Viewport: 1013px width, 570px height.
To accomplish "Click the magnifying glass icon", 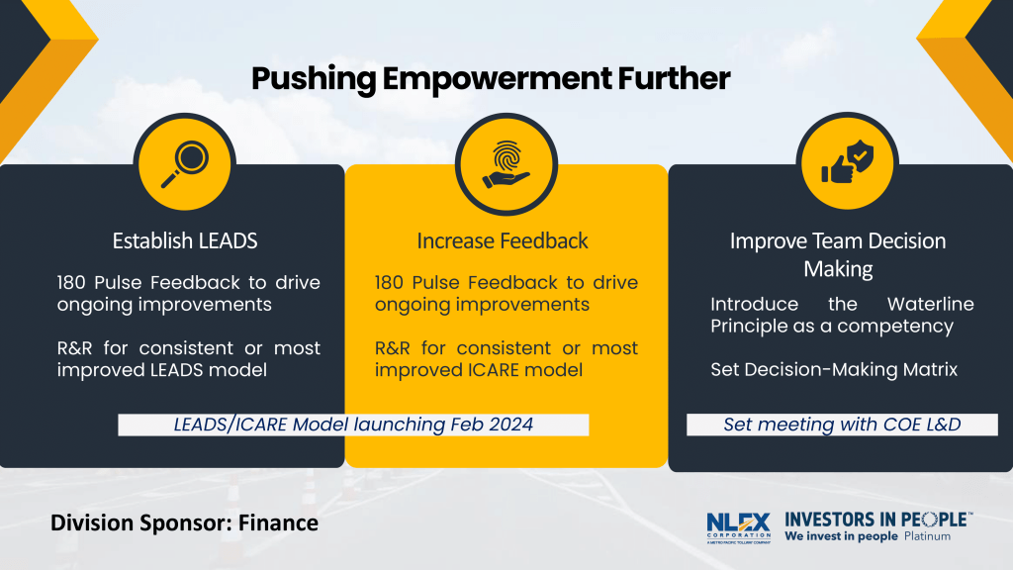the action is (x=185, y=164).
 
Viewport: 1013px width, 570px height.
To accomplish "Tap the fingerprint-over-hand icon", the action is (x=506, y=164).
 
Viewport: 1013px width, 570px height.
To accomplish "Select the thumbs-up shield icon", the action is (x=848, y=161).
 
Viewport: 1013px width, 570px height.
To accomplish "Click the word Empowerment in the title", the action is (x=496, y=79).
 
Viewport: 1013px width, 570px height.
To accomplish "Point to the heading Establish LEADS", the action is (x=185, y=240).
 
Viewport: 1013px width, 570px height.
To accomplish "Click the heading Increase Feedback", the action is (x=503, y=240).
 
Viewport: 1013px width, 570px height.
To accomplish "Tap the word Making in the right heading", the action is (x=838, y=269).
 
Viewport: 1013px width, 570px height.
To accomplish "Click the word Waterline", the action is (x=930, y=304).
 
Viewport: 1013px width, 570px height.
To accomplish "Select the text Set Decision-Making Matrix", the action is (x=834, y=370).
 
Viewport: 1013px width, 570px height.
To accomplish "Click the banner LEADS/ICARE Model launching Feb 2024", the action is (x=353, y=425).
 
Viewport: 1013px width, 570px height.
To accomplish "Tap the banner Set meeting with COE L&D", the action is (x=842, y=425).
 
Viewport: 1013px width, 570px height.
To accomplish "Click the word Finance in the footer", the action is (x=278, y=522).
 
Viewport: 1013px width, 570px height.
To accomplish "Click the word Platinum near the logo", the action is (x=927, y=536).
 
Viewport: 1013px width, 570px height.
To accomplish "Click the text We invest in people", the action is (x=841, y=536).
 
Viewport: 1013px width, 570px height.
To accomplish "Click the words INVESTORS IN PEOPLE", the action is (x=878, y=520).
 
